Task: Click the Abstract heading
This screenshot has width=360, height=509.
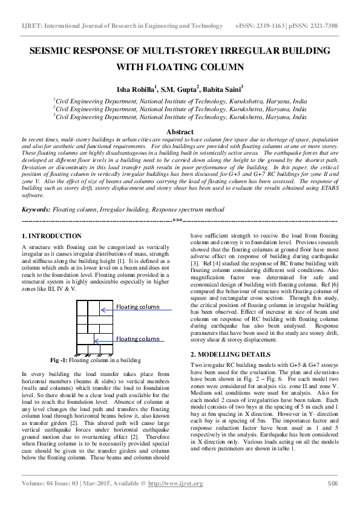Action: coord(180,132)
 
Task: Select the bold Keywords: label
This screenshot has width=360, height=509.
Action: coord(36,209)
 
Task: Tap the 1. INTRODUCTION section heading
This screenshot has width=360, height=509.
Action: coord(51,236)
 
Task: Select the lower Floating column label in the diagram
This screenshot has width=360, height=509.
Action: coord(138,339)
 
